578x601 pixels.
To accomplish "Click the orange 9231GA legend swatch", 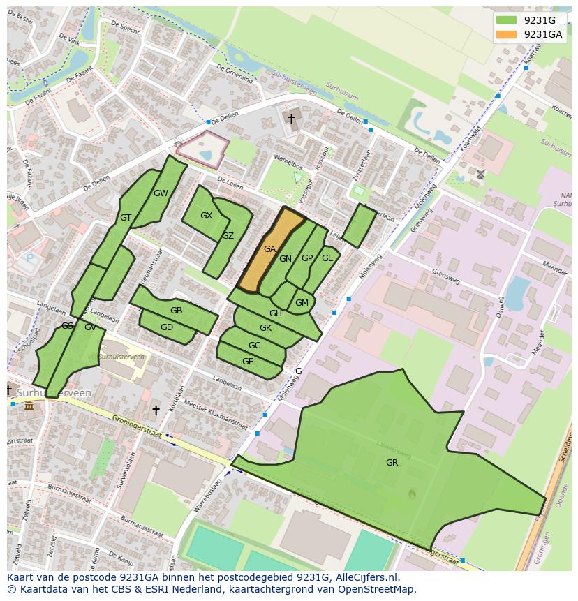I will (x=507, y=34).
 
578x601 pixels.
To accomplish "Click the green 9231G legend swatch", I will (x=507, y=20).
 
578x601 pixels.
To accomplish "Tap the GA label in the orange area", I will (x=269, y=248).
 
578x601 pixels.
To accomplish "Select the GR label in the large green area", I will (x=392, y=462).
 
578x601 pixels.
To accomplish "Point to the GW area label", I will (x=161, y=193).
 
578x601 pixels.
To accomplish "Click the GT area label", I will (x=126, y=218).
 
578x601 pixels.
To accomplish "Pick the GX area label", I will (x=206, y=216).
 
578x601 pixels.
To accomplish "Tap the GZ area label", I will (x=228, y=236).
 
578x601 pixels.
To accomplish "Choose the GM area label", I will (x=302, y=303).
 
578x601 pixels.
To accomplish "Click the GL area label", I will (x=327, y=258).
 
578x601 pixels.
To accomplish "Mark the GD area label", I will (x=167, y=327).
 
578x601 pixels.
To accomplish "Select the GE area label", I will (x=248, y=362).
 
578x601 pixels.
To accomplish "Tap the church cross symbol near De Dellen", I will (x=292, y=119).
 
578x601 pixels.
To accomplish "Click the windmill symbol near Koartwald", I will (x=480, y=174).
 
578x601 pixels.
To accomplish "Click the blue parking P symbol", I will (x=29, y=258).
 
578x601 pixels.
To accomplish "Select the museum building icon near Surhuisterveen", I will (x=28, y=406).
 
